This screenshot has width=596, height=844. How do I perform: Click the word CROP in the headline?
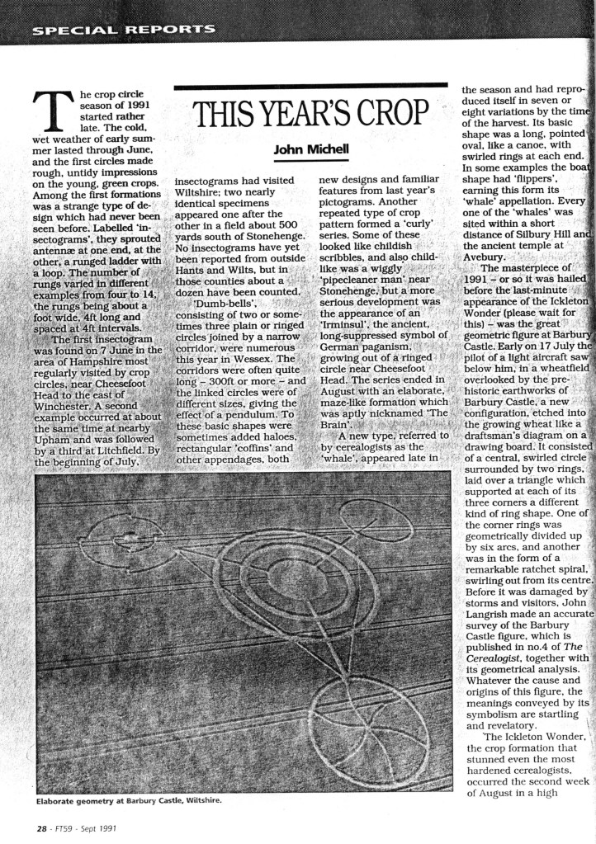387,113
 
